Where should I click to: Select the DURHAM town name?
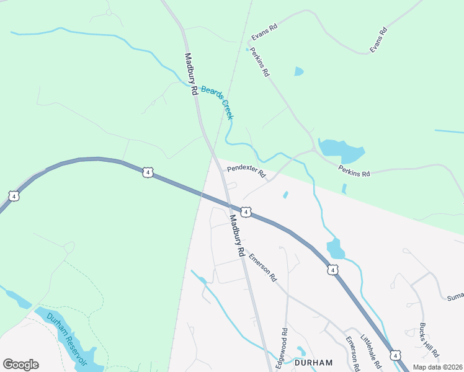click(314, 363)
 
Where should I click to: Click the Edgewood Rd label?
click(285, 348)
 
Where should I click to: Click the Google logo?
click(20, 365)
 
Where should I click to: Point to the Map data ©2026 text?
click(437, 367)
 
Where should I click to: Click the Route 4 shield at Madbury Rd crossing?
click(246, 213)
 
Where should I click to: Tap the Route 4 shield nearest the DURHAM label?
click(395, 355)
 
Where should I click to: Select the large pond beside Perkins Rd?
click(341, 149)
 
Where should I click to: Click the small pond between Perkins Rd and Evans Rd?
click(299, 71)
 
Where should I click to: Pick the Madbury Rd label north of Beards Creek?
click(190, 73)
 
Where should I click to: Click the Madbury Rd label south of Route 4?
click(234, 236)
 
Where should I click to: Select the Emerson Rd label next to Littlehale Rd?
click(354, 353)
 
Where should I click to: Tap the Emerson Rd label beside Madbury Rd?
click(263, 267)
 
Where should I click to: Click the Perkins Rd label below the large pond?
click(354, 170)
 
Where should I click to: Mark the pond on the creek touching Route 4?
click(335, 248)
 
